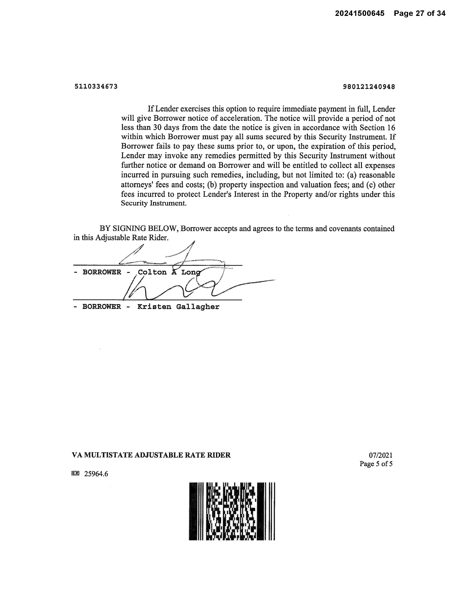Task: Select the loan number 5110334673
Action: [x=96, y=87]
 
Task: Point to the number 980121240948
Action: [x=369, y=87]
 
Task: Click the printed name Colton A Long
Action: [x=169, y=272]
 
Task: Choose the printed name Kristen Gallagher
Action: [x=178, y=307]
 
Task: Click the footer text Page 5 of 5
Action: [x=376, y=464]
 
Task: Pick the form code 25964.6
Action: [x=96, y=474]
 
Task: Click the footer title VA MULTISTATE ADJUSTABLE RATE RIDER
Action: [x=151, y=455]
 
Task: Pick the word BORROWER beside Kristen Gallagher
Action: [x=102, y=307]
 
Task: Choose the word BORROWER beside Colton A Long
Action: [x=102, y=272]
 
